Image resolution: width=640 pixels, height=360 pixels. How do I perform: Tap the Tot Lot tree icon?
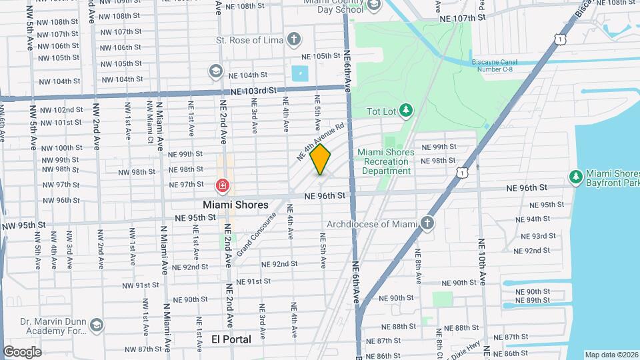click(x=405, y=109)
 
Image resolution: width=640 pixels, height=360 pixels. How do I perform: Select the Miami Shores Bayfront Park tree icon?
click(x=575, y=177)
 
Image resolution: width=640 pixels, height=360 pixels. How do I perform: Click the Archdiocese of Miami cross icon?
click(x=427, y=223)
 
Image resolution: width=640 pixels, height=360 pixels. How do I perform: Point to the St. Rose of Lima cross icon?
click(x=294, y=39)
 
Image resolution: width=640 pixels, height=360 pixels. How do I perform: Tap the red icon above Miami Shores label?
click(x=221, y=186)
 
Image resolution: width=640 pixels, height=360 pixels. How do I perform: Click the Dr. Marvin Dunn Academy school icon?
click(x=97, y=324)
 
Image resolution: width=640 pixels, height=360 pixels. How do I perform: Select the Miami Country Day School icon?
click(x=373, y=5)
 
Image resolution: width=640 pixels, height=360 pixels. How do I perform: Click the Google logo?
click(x=22, y=351)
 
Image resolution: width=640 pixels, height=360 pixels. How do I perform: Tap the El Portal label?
click(x=231, y=339)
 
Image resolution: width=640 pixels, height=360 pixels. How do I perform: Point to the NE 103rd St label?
click(x=253, y=90)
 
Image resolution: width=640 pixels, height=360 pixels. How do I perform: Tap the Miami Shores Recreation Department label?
click(x=385, y=161)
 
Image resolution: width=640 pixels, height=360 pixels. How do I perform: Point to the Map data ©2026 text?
click(x=611, y=355)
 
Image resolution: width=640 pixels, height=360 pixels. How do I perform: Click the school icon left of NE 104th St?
click(x=215, y=71)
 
